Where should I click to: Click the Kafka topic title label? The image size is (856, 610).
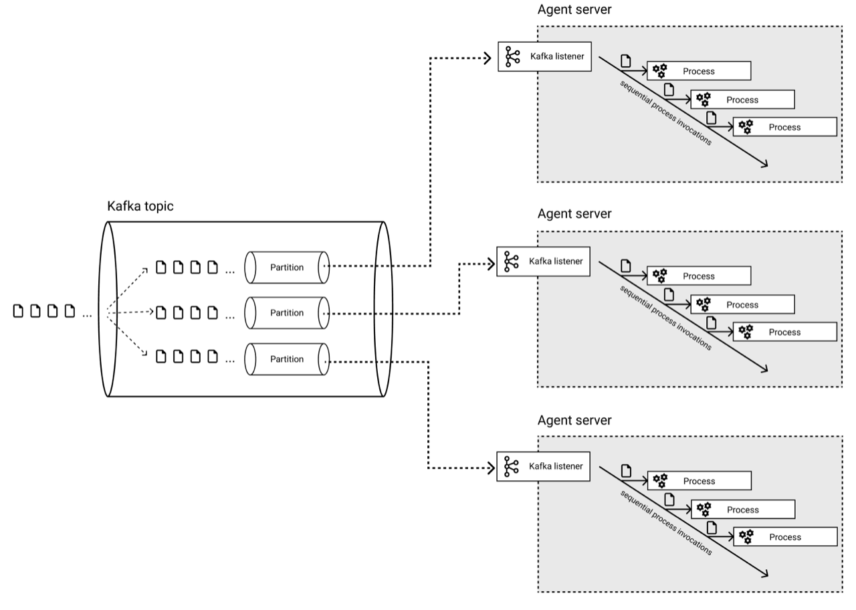(x=140, y=206)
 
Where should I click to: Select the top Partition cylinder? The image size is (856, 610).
(x=286, y=267)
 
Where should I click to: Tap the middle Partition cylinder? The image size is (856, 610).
(x=286, y=313)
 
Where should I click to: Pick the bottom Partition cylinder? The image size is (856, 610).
(x=286, y=359)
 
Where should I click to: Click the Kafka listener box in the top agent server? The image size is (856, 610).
(x=544, y=57)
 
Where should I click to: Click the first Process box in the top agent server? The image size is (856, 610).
(x=699, y=71)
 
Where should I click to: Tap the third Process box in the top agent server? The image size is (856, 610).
(x=784, y=127)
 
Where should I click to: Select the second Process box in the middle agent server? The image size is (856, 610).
(x=742, y=305)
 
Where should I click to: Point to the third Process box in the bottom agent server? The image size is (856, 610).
(x=785, y=537)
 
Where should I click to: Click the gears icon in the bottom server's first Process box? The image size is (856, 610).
(x=660, y=481)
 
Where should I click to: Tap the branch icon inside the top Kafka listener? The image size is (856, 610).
(x=512, y=57)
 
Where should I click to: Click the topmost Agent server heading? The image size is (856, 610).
(x=574, y=9)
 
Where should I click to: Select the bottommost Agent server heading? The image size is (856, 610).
(x=574, y=420)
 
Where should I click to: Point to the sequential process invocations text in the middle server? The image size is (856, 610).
(x=665, y=318)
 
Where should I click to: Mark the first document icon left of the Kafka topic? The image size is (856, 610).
(x=19, y=311)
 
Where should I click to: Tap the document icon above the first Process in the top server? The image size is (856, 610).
(x=625, y=60)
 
